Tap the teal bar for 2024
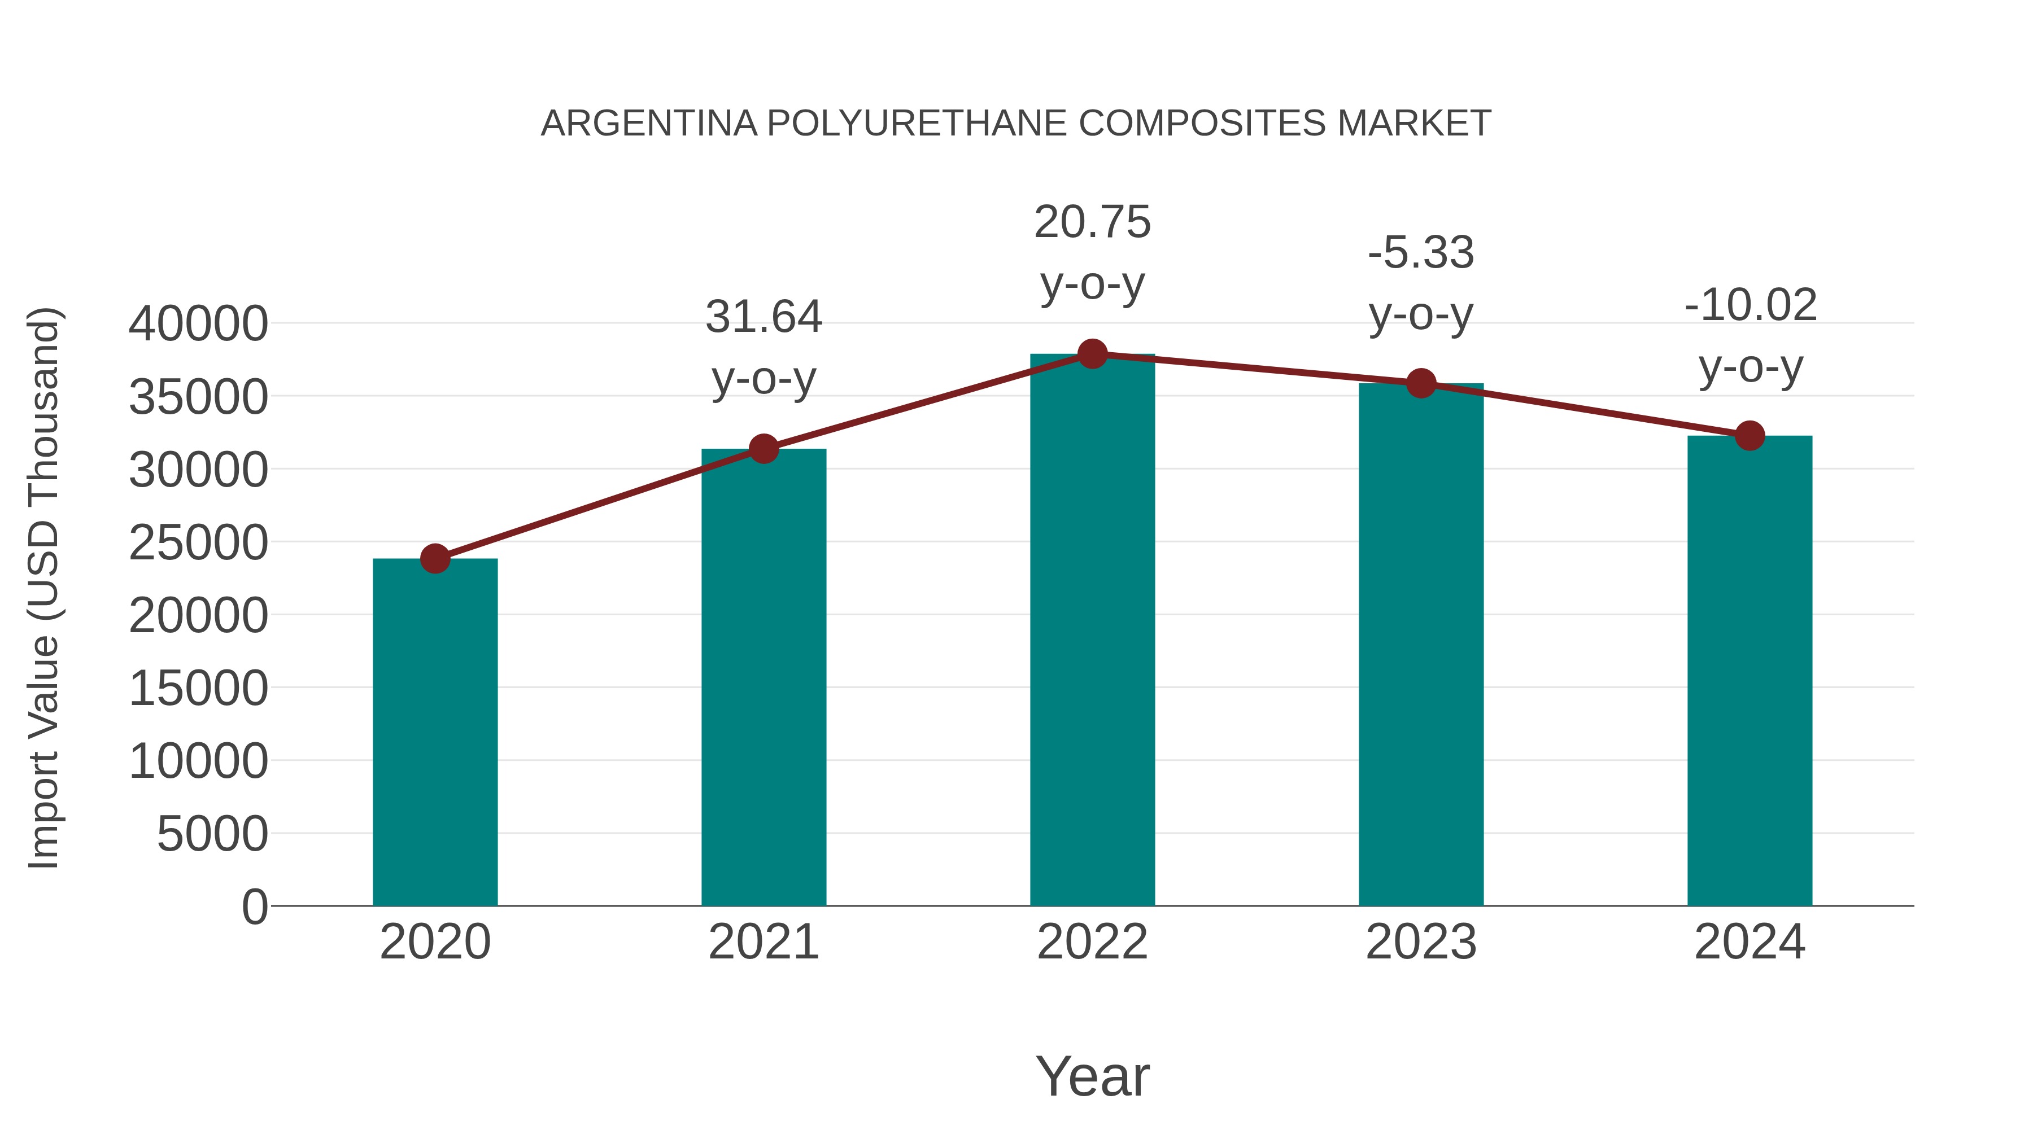[x=1750, y=671]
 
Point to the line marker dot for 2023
[x=1421, y=383]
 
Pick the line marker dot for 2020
[x=435, y=558]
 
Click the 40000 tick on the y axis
[x=198, y=323]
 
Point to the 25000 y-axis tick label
[x=198, y=542]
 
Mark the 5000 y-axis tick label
[x=212, y=834]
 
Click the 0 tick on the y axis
[x=255, y=906]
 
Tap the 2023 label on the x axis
[x=1421, y=942]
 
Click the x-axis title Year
[x=1092, y=1076]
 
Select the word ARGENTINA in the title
[x=649, y=124]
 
